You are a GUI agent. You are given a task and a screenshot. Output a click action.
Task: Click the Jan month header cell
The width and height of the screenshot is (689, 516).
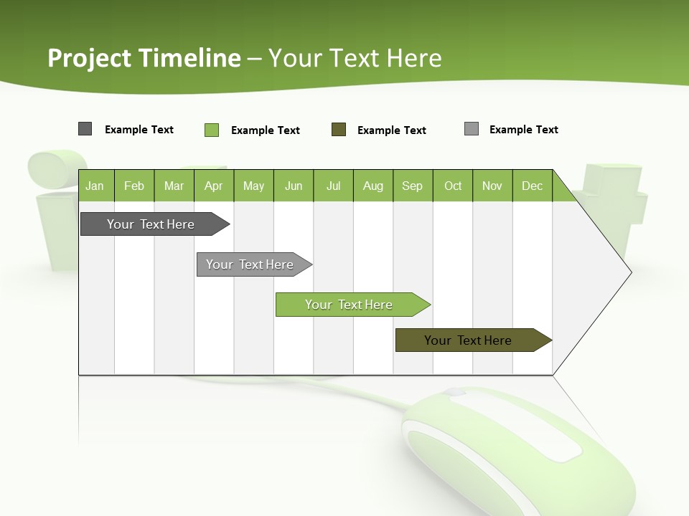(x=95, y=186)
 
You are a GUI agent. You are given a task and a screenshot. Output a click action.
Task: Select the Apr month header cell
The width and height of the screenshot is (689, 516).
(x=214, y=186)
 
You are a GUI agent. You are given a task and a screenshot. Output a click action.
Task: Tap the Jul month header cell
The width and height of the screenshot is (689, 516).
(x=333, y=186)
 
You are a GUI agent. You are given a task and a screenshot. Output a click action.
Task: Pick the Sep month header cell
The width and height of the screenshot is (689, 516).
(x=413, y=186)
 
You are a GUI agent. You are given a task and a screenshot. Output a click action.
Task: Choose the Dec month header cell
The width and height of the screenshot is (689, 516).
(x=533, y=186)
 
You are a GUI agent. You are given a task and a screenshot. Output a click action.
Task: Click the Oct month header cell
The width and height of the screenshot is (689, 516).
(x=453, y=186)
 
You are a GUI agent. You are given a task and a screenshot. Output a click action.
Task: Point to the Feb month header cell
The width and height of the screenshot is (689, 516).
(x=134, y=186)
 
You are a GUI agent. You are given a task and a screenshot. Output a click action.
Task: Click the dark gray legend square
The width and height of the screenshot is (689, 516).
(x=85, y=129)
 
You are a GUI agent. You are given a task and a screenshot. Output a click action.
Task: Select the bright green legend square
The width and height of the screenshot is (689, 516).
(x=212, y=130)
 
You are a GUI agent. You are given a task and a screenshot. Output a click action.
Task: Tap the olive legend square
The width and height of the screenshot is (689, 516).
(x=339, y=130)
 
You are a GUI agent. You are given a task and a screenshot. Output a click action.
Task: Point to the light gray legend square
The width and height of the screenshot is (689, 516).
(x=472, y=129)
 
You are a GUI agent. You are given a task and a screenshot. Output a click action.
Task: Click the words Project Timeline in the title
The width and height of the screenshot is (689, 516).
(x=144, y=57)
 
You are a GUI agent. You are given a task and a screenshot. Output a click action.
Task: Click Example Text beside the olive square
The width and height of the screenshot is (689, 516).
(x=392, y=130)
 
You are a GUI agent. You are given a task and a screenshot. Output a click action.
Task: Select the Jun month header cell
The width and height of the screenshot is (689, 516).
(x=294, y=186)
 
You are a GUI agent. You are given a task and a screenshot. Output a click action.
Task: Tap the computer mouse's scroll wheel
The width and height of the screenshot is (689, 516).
(x=454, y=393)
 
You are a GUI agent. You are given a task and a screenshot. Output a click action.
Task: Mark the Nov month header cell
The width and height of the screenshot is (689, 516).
(x=492, y=186)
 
